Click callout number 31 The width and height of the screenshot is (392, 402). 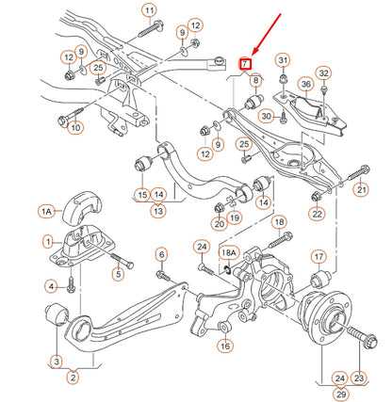[283, 62]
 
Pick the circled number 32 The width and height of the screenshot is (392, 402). [323, 72]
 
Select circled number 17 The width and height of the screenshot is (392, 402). [319, 255]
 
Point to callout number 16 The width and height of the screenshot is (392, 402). [224, 346]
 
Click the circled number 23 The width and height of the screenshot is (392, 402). [360, 378]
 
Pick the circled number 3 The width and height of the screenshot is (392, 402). [57, 361]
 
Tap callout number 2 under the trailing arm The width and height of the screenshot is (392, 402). [73, 378]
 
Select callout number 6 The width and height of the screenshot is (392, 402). [161, 254]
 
